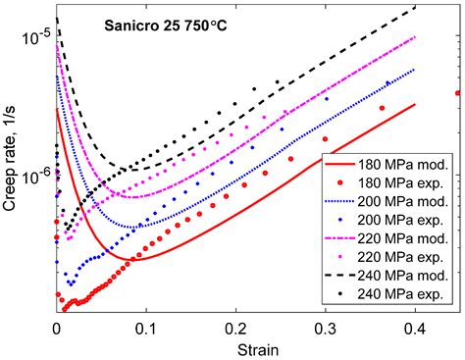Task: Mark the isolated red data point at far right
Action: [x=458, y=93]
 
